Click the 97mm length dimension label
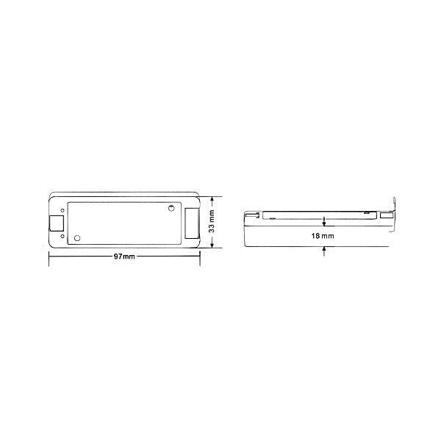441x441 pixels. pos(124,257)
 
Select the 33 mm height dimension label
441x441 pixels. pos(212,221)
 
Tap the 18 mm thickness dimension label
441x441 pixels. pos(323,236)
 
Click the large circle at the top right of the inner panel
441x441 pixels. pos(171,209)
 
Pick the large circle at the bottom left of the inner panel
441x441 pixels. pos(77,238)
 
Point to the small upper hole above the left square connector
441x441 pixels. pos(62,210)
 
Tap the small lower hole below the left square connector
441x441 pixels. pos(62,236)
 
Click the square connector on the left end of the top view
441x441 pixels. pos(57,223)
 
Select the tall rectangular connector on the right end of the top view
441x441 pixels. pos(193,223)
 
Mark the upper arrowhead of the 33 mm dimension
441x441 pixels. pos(212,199)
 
